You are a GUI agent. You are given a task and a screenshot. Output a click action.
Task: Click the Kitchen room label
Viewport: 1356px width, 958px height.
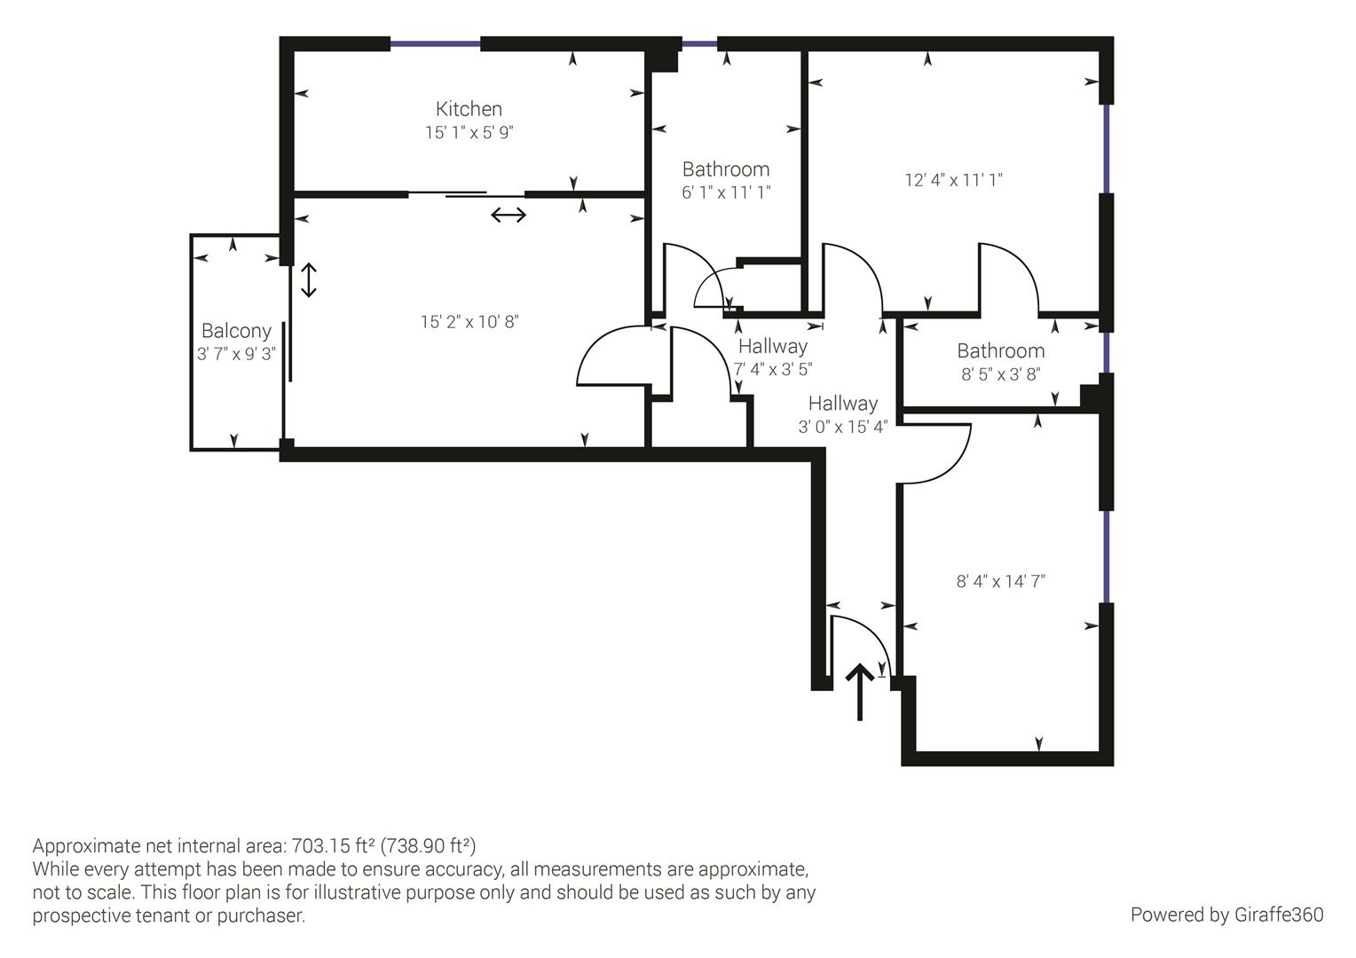click(x=469, y=109)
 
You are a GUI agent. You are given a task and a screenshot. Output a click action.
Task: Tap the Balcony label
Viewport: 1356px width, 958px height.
click(x=236, y=331)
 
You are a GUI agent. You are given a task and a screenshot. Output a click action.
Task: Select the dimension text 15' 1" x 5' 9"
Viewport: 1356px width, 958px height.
click(x=469, y=133)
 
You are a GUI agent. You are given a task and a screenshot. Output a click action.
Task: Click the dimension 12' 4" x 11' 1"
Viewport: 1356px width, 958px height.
click(x=953, y=180)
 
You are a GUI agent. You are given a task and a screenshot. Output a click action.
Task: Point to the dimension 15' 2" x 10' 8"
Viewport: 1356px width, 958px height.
click(x=469, y=322)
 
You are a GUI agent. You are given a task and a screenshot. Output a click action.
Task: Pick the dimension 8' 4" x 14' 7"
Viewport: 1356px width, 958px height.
click(x=1000, y=582)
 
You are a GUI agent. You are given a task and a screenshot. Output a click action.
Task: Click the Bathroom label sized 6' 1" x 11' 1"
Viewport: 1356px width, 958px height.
click(x=725, y=169)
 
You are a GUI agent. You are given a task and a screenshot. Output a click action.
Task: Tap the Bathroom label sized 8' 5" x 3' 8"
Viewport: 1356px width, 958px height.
click(x=1000, y=351)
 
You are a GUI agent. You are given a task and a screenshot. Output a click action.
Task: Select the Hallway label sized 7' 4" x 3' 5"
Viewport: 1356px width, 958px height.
click(x=772, y=347)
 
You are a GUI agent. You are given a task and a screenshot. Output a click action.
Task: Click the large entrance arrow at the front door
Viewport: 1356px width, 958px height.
click(x=859, y=691)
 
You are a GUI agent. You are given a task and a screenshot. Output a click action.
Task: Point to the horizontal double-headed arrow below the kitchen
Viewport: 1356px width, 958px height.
click(x=508, y=215)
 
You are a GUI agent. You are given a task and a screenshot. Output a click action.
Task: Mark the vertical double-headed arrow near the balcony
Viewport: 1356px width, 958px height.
click(x=308, y=280)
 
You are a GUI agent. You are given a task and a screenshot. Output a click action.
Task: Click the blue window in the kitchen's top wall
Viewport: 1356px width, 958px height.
click(x=435, y=43)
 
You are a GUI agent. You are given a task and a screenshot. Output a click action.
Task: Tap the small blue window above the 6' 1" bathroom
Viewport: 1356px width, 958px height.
click(x=699, y=43)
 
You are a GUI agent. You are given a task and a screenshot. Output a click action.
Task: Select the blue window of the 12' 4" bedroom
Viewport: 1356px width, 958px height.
click(x=1106, y=148)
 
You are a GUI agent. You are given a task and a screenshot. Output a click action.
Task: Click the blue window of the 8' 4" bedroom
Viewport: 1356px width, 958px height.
click(x=1106, y=557)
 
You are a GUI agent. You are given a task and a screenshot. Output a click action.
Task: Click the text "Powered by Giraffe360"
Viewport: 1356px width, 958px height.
click(x=1226, y=915)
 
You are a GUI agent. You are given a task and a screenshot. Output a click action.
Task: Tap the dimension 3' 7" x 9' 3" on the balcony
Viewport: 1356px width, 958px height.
click(x=236, y=354)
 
